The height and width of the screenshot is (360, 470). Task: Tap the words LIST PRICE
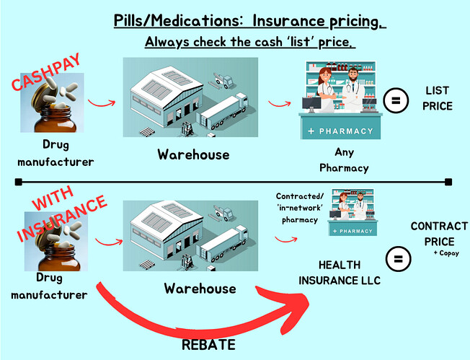(437, 98)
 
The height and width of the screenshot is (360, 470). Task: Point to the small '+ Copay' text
(446, 253)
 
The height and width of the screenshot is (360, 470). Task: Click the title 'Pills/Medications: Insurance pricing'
(249, 20)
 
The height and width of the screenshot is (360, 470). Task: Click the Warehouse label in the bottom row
(200, 289)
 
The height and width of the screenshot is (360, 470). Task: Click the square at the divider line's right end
(448, 181)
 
